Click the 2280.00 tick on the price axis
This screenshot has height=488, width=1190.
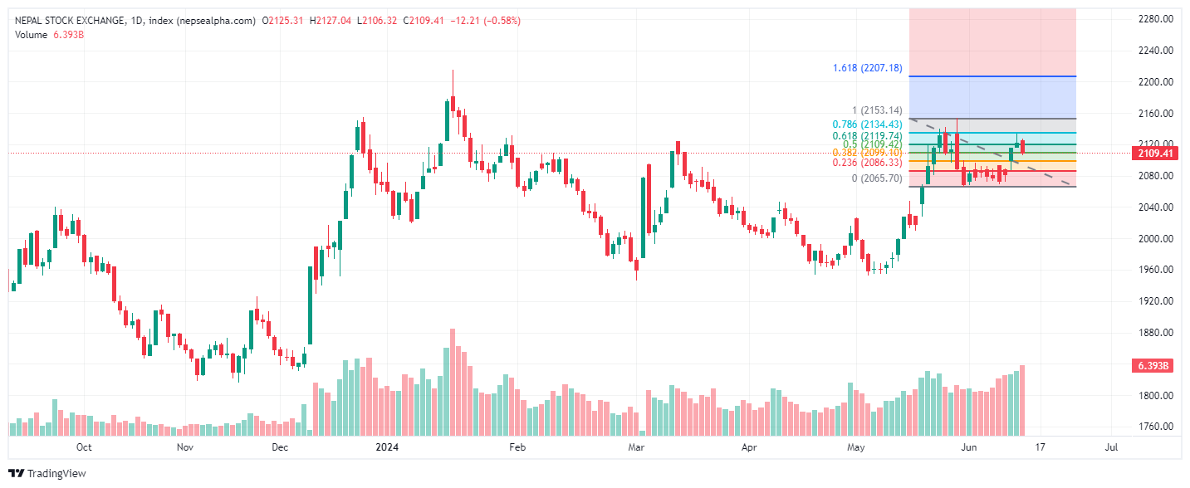click(x=1155, y=19)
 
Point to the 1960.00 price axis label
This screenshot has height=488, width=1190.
click(x=1155, y=270)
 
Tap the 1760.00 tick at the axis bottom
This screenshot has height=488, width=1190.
click(x=1155, y=427)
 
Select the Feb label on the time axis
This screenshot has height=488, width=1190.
click(x=517, y=447)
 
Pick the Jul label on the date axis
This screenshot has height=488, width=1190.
click(x=1111, y=447)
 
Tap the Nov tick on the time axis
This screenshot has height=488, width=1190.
click(x=185, y=447)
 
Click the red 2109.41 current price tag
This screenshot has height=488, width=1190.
click(x=1155, y=154)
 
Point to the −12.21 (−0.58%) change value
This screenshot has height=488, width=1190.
click(x=485, y=21)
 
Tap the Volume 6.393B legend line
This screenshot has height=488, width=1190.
click(x=49, y=35)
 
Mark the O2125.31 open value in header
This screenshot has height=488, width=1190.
click(x=283, y=21)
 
